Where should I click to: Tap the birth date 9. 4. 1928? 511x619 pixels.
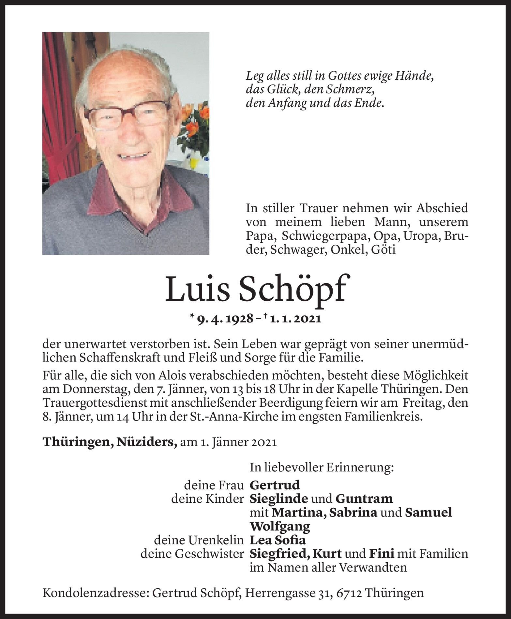click(x=225, y=319)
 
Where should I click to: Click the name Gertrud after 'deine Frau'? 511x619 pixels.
click(x=275, y=485)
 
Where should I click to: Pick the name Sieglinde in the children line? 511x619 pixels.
click(x=278, y=499)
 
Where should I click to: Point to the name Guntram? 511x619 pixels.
click(x=364, y=499)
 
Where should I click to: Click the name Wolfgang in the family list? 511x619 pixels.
click(x=280, y=526)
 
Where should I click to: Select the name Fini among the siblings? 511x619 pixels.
click(x=382, y=554)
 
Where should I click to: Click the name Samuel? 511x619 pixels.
click(x=428, y=513)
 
